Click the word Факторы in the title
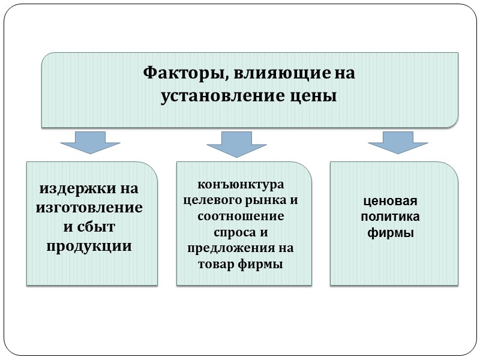(182, 74)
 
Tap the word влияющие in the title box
(277, 74)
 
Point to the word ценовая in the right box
(393, 202)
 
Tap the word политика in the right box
(393, 217)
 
